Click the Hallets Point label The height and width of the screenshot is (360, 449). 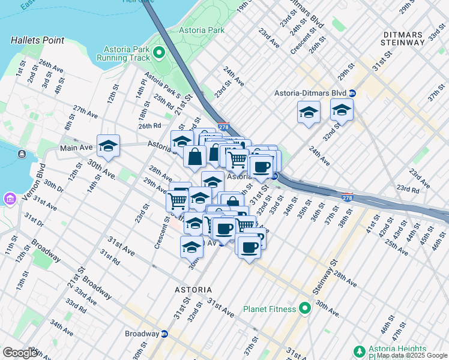tap(37, 40)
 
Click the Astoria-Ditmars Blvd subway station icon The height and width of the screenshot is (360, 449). tap(352, 93)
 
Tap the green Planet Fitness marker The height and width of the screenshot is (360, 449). tap(305, 309)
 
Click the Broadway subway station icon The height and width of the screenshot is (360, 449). tap(164, 334)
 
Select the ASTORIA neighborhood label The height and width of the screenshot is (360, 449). tap(193, 290)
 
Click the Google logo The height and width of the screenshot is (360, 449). tap(20, 353)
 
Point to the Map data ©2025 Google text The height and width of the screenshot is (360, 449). tap(411, 355)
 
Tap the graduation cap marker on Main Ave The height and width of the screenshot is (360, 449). tap(108, 146)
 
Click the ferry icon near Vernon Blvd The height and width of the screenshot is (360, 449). tap(22, 155)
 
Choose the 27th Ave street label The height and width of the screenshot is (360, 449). tap(85, 112)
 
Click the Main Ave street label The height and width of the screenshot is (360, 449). tap(76, 148)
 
